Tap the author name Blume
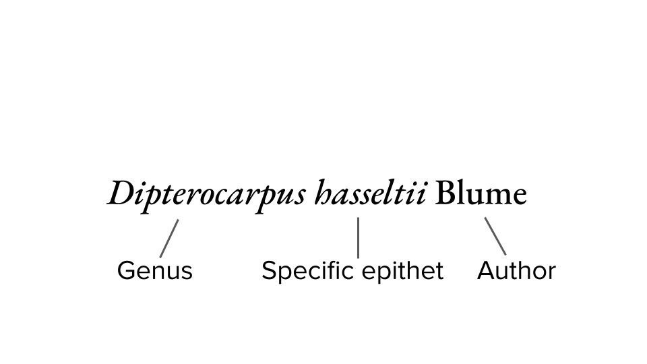tap(481, 194)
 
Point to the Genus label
tap(154, 271)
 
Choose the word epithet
tap(402, 271)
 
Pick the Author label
tap(516, 271)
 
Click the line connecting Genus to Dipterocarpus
tap(169, 238)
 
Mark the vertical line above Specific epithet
tap(358, 237)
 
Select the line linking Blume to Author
tap(495, 236)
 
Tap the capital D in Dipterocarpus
tap(122, 194)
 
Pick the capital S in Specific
tap(269, 271)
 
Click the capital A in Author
tap(486, 271)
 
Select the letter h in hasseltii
tap(323, 194)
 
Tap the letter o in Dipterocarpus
tap(212, 197)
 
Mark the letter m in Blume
tap(495, 197)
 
